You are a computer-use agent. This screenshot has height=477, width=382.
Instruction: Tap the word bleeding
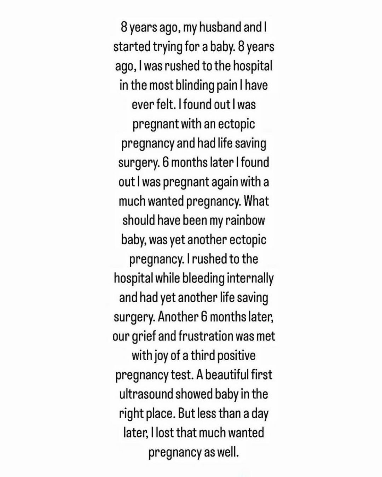pyautogui.click(x=203, y=279)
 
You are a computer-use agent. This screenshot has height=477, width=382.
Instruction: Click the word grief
pyautogui.click(x=144, y=336)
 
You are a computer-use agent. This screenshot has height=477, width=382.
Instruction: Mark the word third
pyautogui.click(x=203, y=355)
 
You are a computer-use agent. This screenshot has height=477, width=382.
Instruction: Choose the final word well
pyautogui.click(x=227, y=452)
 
